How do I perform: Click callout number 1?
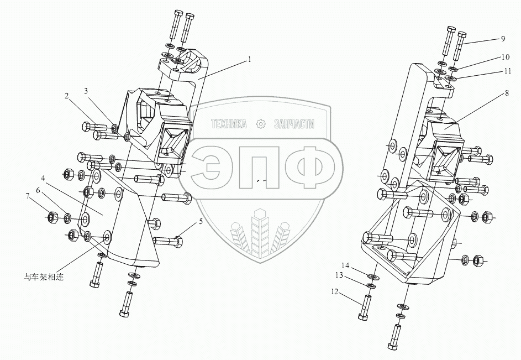(x=249, y=59)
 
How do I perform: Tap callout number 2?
(x=67, y=96)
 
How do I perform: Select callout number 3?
(x=87, y=91)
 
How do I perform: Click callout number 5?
(x=201, y=221)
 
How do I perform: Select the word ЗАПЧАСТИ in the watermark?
(x=294, y=124)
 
